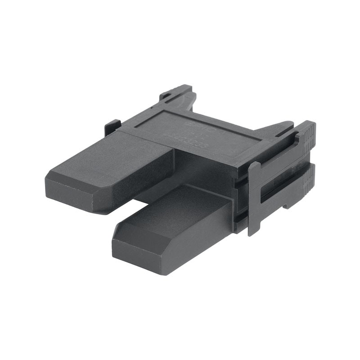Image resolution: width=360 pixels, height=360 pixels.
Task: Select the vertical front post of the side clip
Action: click(x=253, y=198)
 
